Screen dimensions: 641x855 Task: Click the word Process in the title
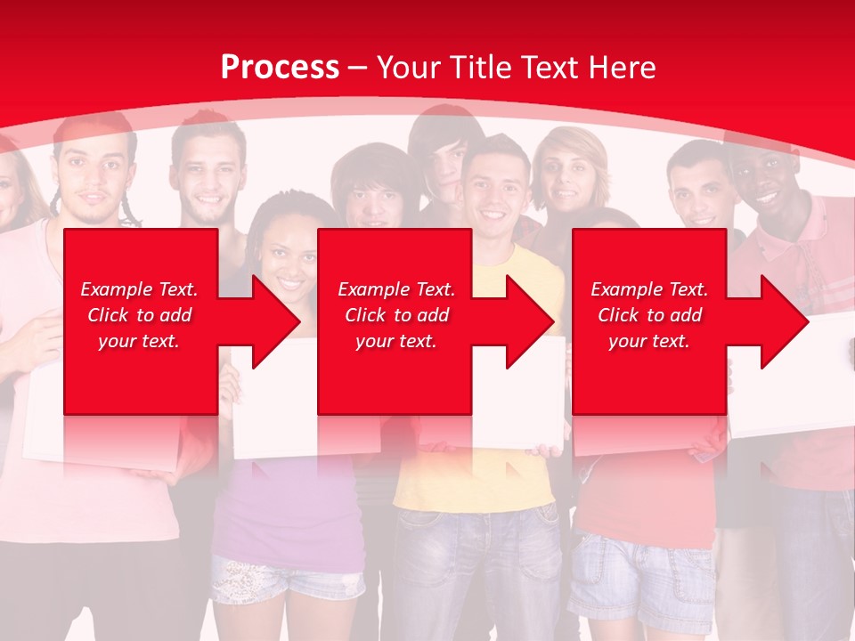[280, 68]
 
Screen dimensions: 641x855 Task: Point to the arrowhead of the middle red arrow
[529, 321]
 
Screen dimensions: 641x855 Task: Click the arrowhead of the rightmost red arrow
[784, 321]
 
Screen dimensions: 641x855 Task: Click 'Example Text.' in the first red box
[139, 289]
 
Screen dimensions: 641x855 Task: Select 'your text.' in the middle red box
[395, 341]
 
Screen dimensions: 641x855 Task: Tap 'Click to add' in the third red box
[649, 315]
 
